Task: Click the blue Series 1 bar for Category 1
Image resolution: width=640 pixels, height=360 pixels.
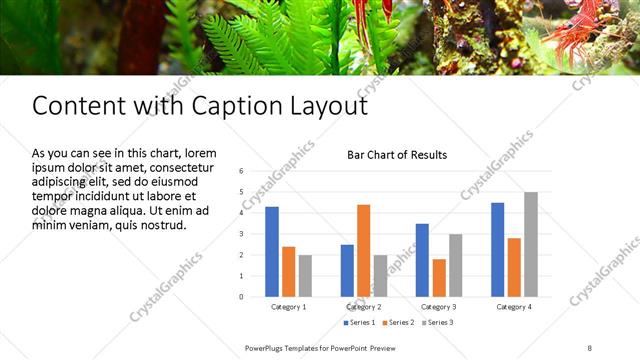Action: (x=272, y=252)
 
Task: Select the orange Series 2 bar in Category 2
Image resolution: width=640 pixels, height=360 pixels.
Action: (x=363, y=250)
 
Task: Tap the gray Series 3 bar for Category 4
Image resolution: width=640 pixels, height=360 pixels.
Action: (x=530, y=244)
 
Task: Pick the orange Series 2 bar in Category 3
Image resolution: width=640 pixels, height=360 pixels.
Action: (x=438, y=277)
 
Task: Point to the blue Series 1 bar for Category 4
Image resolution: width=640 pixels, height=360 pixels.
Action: (x=498, y=249)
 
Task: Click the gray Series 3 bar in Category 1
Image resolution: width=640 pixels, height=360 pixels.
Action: (x=305, y=275)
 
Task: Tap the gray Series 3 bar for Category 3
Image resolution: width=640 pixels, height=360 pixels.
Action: (x=455, y=265)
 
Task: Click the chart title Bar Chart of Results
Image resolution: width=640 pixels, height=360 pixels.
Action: (x=397, y=155)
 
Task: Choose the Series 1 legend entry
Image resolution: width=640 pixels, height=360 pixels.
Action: (x=359, y=323)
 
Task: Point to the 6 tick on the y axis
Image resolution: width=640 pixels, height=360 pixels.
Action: (x=241, y=171)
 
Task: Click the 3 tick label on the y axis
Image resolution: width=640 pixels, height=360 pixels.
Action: (x=241, y=234)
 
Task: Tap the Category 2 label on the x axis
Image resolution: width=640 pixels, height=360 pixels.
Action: (x=363, y=306)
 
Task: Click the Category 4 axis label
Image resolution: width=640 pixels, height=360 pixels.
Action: (x=514, y=306)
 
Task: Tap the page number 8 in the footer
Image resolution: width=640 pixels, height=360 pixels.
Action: (x=590, y=347)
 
